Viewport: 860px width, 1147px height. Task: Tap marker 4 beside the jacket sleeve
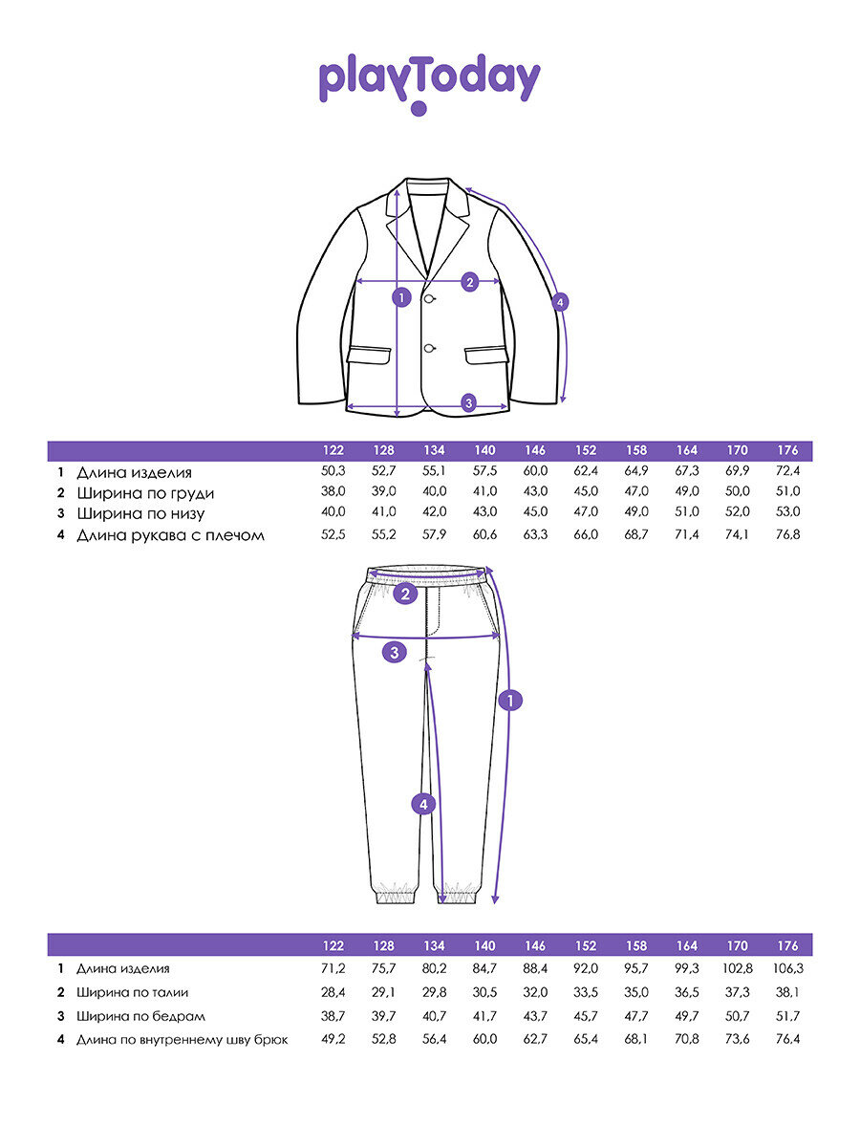tap(561, 302)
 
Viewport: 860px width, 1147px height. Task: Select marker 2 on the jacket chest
tap(469, 282)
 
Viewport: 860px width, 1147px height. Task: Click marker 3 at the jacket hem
tap(468, 402)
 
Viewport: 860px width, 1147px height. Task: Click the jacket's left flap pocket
tap(369, 354)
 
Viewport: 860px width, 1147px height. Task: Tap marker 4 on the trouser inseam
tap(423, 804)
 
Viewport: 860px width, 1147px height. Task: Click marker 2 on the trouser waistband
tap(406, 595)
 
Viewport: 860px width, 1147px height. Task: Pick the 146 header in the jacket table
tap(535, 450)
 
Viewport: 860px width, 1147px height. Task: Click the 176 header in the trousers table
tap(787, 946)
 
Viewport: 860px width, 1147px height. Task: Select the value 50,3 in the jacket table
tap(333, 472)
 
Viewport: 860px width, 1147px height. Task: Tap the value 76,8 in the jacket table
tap(787, 535)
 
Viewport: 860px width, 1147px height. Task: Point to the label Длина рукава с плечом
tap(170, 535)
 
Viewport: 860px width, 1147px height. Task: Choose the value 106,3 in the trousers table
tap(787, 968)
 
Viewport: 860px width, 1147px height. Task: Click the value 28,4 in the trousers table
tap(333, 992)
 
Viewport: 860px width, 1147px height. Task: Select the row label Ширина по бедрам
tap(140, 1016)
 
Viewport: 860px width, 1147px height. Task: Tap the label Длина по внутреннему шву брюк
tap(182, 1039)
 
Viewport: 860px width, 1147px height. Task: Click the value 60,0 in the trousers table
tap(484, 1039)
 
